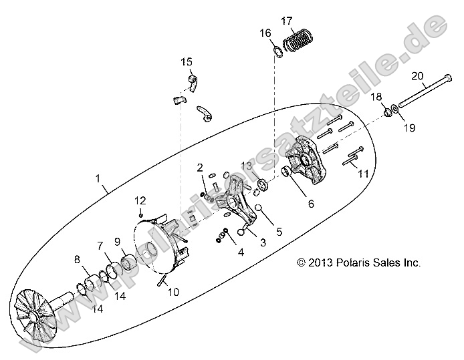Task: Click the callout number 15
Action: tap(186, 62)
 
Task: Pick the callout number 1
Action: tap(98, 179)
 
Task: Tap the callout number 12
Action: tap(140, 200)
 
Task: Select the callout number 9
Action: tap(116, 241)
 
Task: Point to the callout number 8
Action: tap(77, 258)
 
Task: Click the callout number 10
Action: tap(173, 291)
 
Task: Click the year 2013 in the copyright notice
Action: tap(322, 263)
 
